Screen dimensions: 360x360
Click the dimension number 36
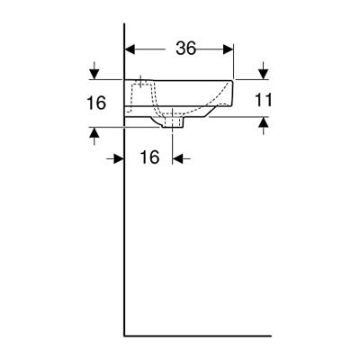[x=186, y=49]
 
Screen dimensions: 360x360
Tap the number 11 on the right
[x=262, y=99]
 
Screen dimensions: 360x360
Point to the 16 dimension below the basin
[x=149, y=157]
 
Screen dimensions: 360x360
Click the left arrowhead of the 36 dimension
[x=129, y=49]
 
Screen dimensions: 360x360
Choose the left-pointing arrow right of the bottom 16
[x=178, y=158]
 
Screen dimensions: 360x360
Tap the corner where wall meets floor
[x=123, y=335]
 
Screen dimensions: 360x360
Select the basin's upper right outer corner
[x=233, y=80]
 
